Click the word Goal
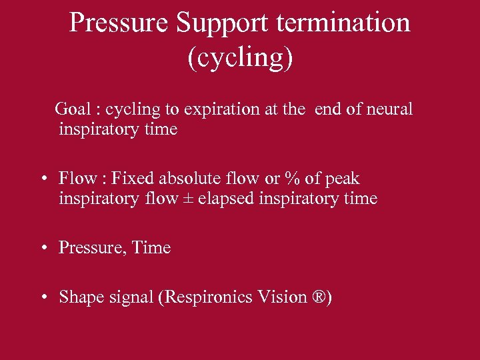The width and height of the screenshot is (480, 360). tap(73, 109)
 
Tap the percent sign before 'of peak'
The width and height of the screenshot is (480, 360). tap(291, 179)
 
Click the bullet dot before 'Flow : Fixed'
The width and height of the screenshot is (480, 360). tap(43, 179)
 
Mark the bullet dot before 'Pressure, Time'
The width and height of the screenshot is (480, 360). tap(43, 248)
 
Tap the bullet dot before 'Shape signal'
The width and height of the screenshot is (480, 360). tap(43, 297)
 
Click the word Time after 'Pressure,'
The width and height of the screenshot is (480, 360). tap(151, 247)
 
